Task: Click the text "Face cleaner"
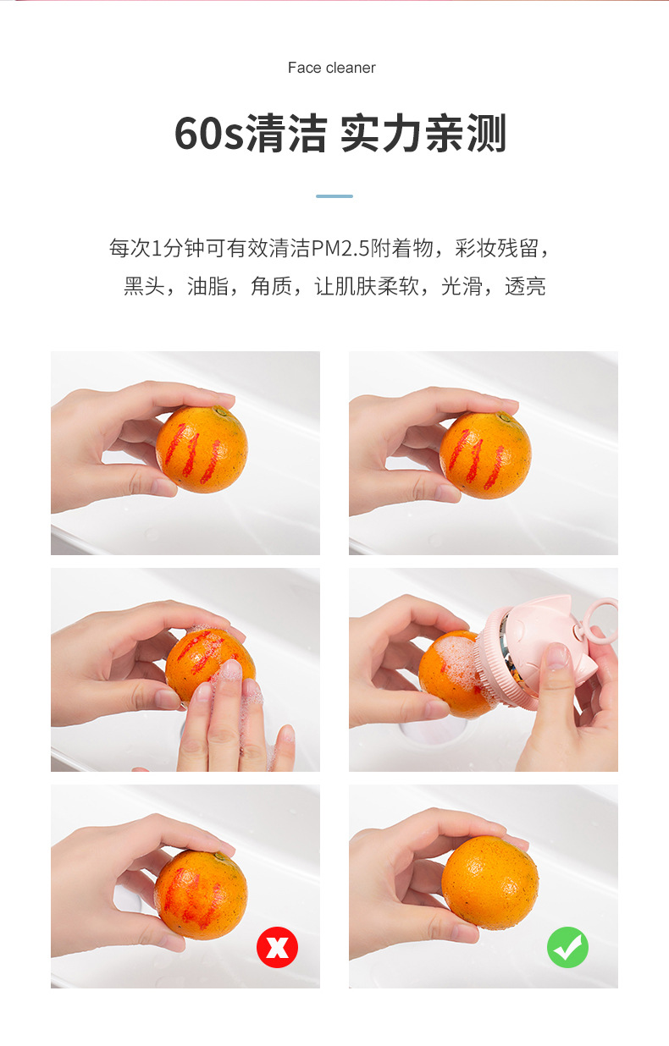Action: [331, 68]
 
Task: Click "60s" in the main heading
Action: [209, 135]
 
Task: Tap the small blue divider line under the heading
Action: [334, 196]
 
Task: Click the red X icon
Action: [277, 947]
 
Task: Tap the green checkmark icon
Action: [567, 947]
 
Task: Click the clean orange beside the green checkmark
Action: [489, 883]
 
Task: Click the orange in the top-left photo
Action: [202, 449]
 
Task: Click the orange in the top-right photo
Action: [485, 454]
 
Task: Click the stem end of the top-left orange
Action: [223, 411]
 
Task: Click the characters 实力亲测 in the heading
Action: [423, 135]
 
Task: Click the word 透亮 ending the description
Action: [525, 287]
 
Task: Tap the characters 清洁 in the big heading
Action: [285, 135]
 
